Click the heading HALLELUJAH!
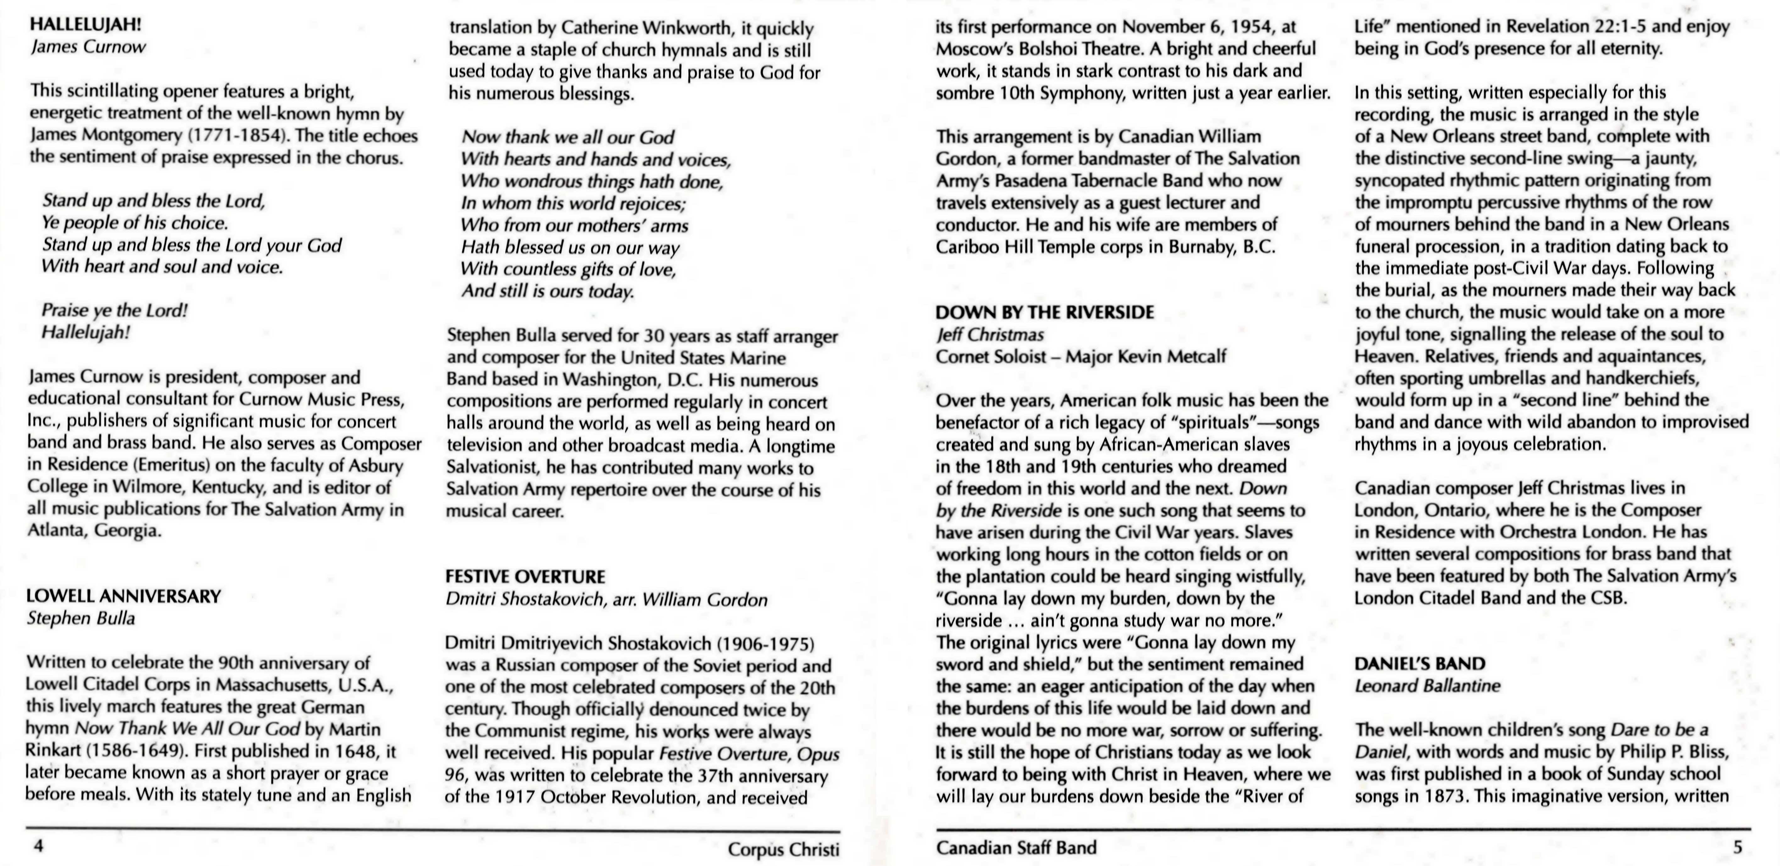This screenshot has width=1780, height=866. tap(86, 25)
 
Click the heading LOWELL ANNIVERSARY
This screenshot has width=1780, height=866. tap(124, 596)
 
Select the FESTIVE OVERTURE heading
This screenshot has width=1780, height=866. tap(525, 577)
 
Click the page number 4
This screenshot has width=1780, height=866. tap(39, 846)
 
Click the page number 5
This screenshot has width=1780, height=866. tap(1737, 847)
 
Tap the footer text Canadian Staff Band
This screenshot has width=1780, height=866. tap(1016, 847)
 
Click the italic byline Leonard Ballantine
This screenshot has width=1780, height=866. tap(1427, 686)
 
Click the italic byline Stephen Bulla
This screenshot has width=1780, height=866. tap(81, 618)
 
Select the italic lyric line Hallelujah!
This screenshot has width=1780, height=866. tap(86, 332)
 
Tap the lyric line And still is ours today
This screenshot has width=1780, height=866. tap(547, 291)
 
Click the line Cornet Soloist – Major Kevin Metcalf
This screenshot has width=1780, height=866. tap(1081, 356)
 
